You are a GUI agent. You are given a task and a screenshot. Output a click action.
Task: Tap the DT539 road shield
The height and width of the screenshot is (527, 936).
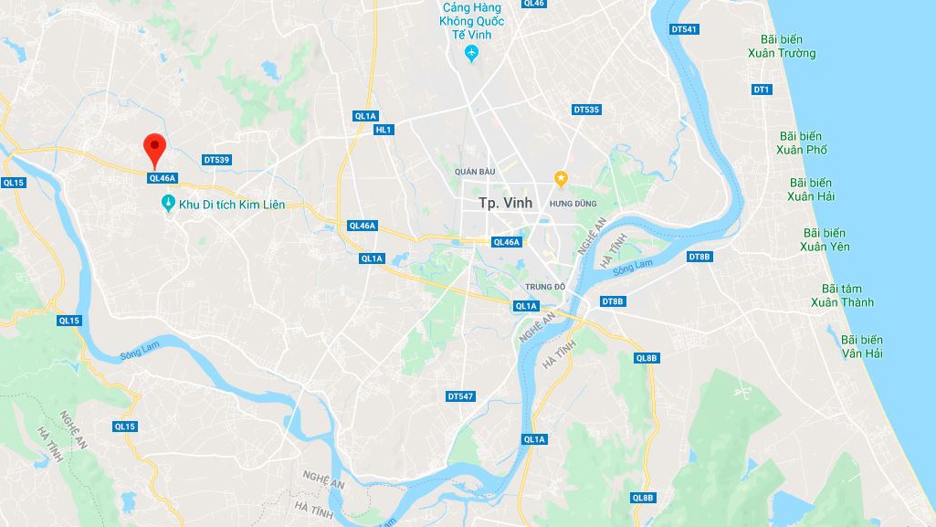click(216, 160)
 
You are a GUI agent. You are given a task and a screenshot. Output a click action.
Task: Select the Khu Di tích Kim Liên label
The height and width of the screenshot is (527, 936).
click(232, 205)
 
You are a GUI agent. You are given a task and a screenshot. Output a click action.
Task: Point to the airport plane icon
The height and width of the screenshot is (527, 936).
click(471, 53)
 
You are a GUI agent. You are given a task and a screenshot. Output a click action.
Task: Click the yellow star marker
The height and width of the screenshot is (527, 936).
click(562, 177)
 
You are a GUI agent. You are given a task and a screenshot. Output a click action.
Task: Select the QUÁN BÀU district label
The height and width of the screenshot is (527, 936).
click(475, 172)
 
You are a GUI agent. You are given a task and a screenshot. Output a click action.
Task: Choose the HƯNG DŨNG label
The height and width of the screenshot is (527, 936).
click(573, 204)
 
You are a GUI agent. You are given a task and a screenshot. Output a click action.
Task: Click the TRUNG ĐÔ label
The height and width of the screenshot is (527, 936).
click(546, 287)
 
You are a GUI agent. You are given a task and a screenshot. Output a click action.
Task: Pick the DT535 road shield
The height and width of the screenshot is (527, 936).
click(586, 110)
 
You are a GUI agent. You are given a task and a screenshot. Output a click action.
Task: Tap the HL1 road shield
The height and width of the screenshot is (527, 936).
click(384, 130)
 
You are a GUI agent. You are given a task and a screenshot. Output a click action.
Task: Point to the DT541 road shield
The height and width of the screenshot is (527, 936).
click(683, 29)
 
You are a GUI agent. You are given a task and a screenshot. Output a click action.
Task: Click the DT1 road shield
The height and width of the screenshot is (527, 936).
click(762, 90)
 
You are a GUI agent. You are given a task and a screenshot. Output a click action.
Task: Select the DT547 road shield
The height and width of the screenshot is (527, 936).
click(460, 396)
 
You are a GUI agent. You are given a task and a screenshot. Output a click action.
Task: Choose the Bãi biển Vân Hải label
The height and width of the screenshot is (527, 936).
click(862, 346)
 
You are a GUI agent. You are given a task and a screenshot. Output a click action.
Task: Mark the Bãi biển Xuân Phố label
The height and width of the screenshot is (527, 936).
click(802, 142)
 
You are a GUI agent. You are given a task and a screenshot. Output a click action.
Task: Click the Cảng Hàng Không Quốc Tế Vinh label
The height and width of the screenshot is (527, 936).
click(471, 19)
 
